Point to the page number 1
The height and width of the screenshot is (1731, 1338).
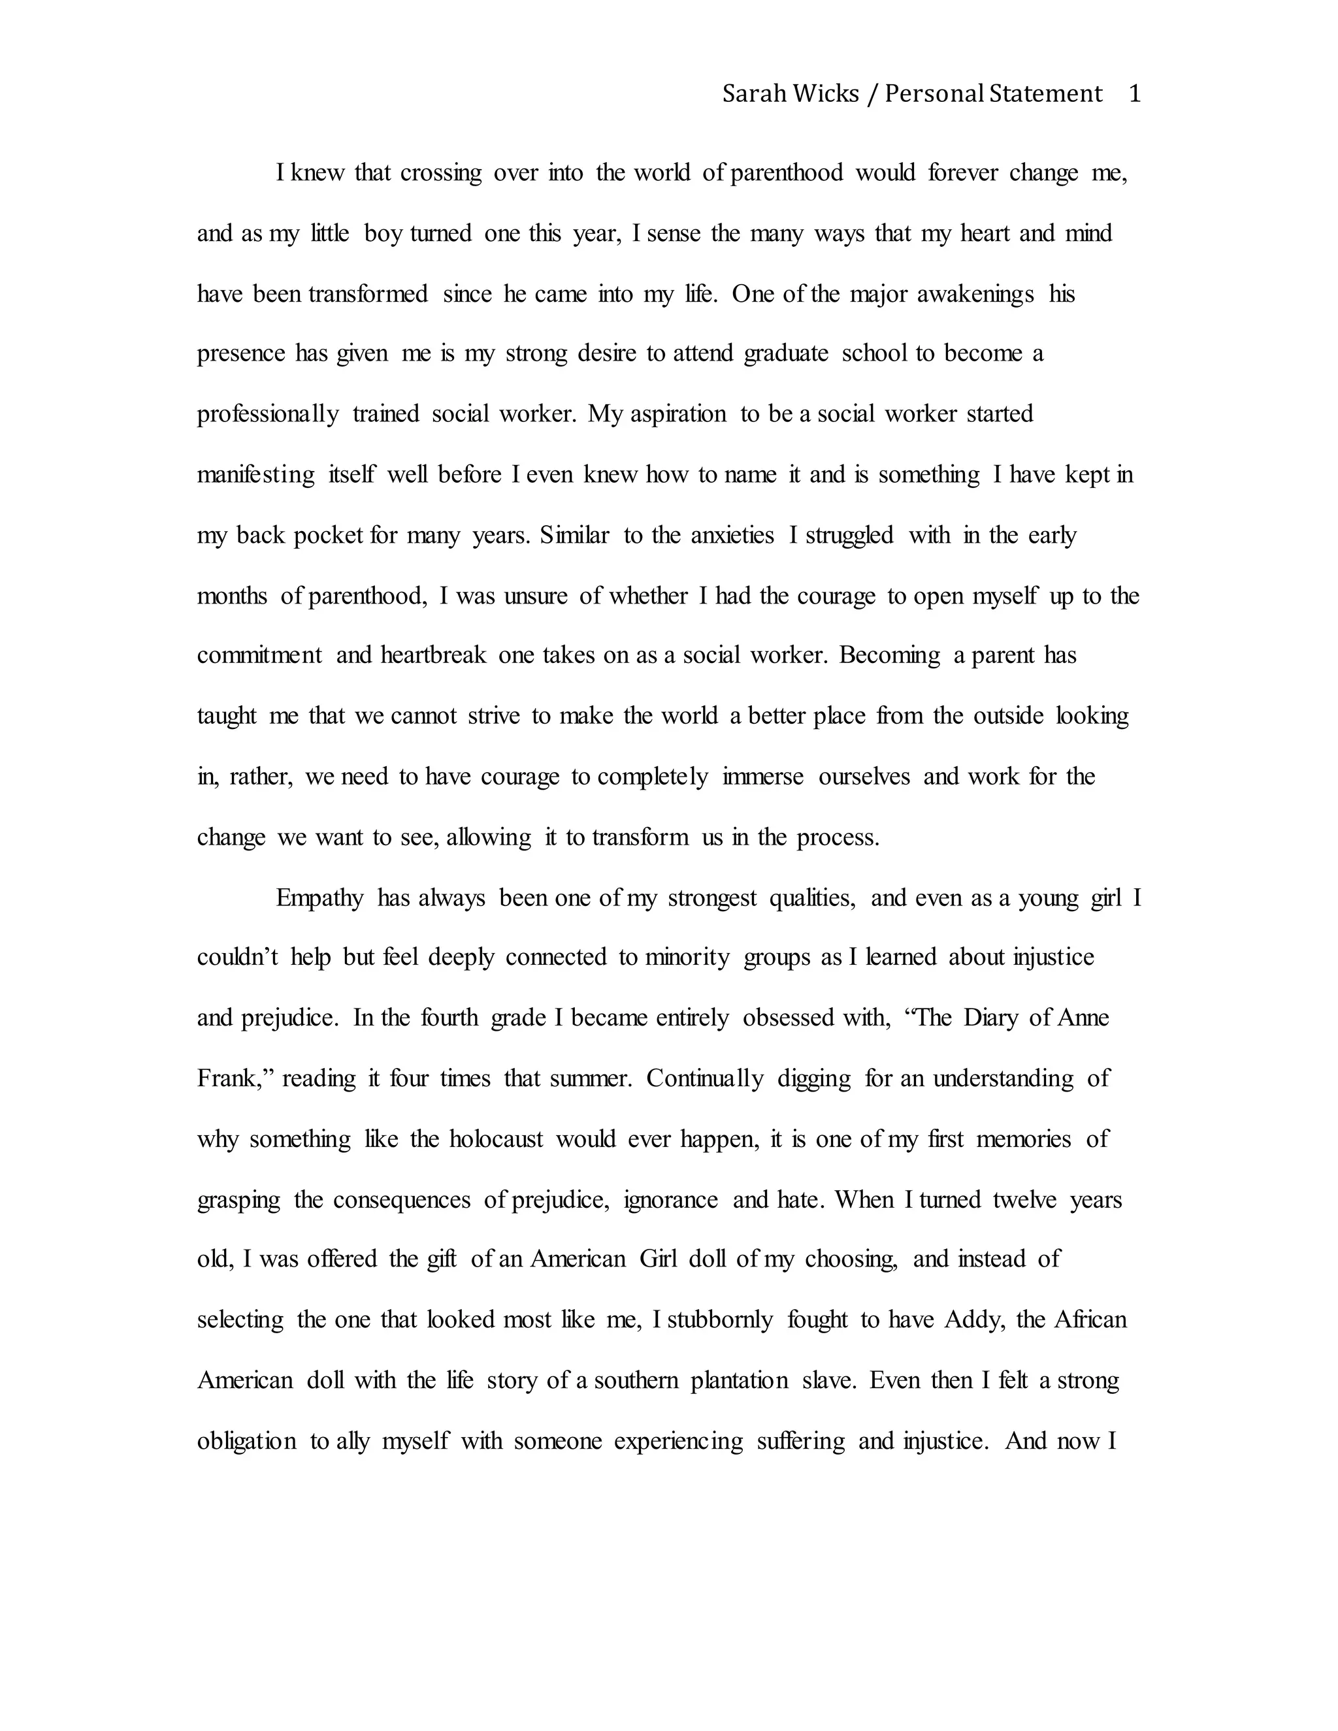point(1134,94)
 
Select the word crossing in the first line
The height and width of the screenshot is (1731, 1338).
point(441,174)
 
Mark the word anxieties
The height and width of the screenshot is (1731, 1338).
point(732,536)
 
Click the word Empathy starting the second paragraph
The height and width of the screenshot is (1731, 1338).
point(319,898)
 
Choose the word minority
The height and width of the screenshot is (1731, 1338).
point(687,958)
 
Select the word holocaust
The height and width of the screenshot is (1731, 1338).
point(497,1139)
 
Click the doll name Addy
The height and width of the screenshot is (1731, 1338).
point(973,1319)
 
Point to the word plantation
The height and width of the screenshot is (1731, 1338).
point(739,1381)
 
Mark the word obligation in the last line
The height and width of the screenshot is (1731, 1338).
point(246,1441)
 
